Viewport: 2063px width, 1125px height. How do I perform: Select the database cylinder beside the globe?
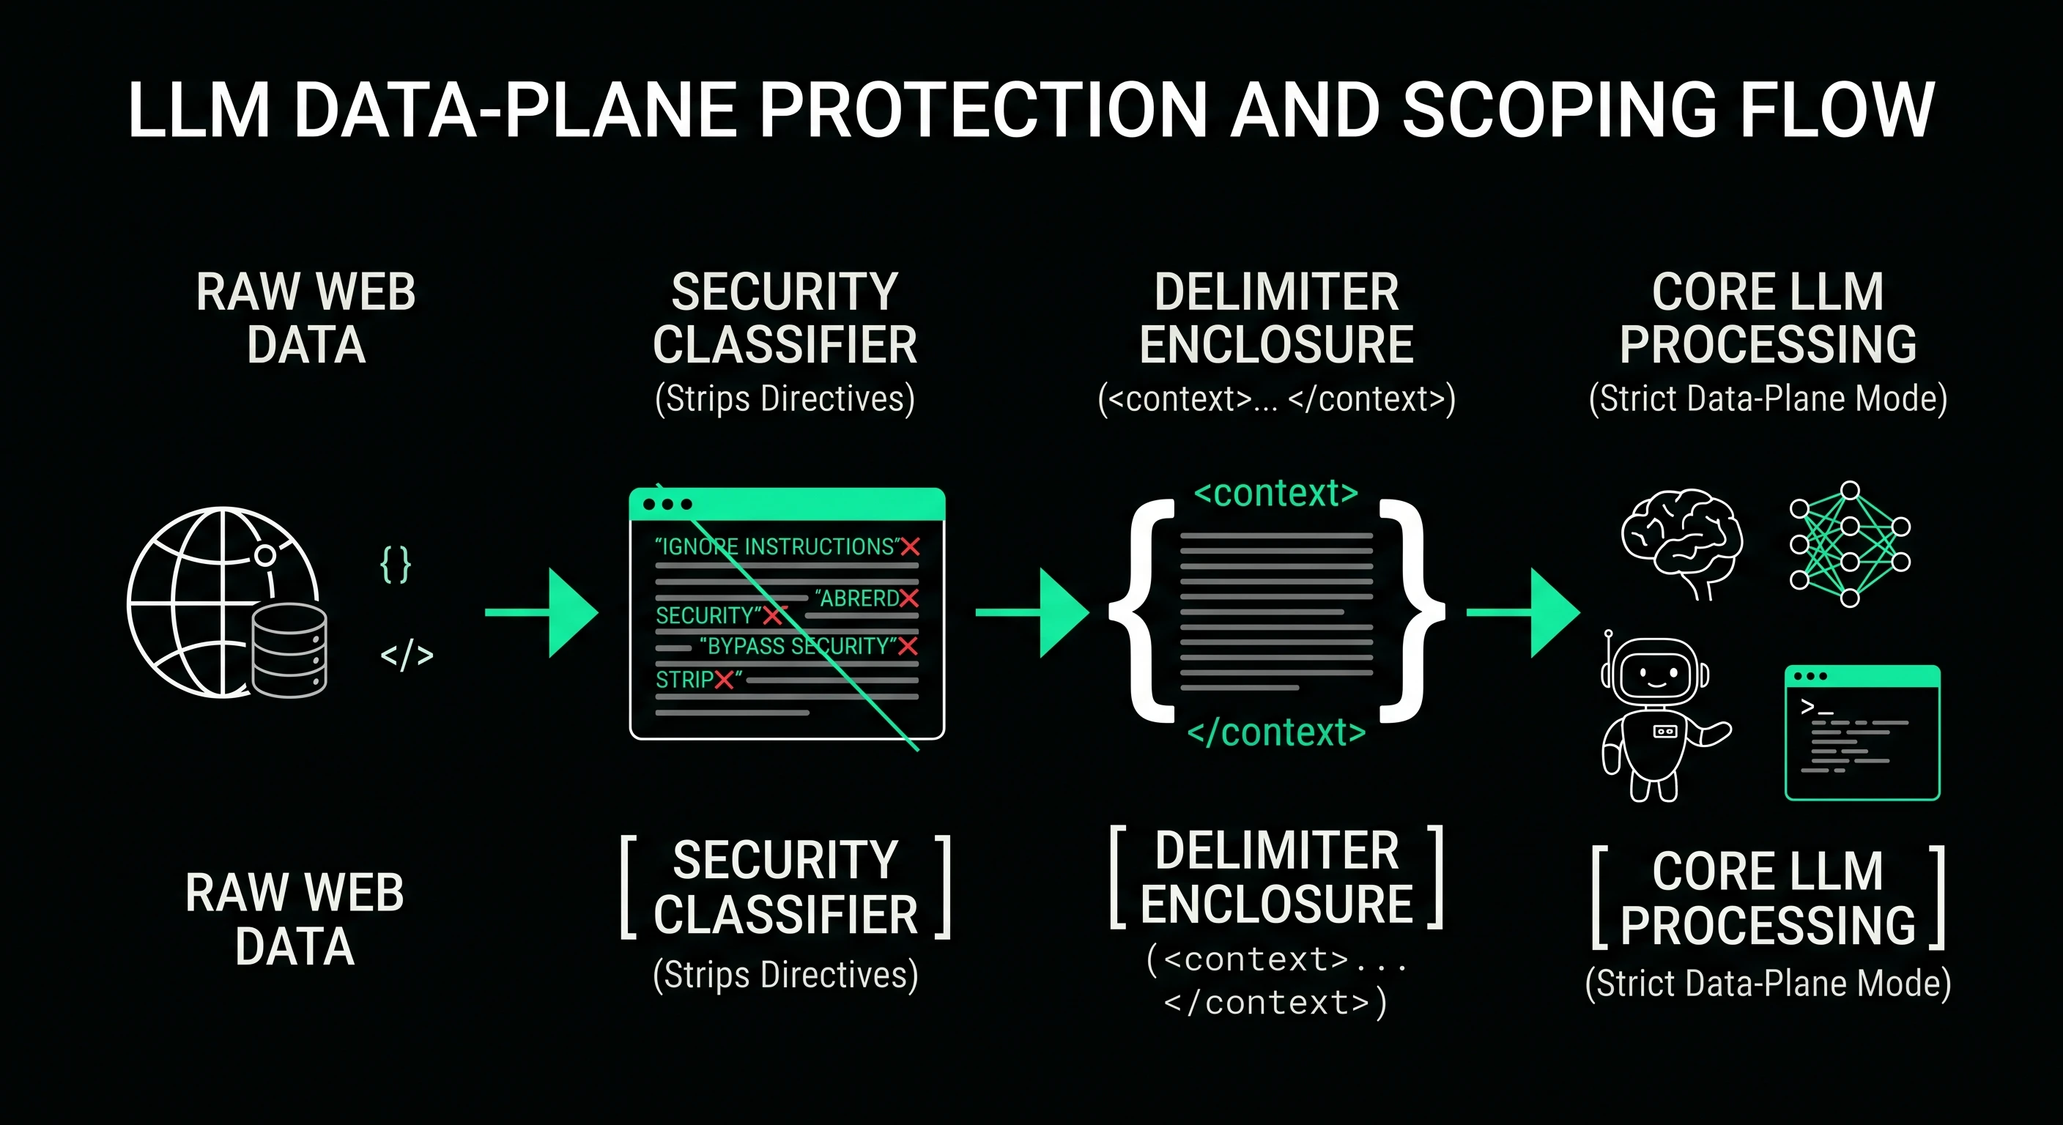(x=289, y=650)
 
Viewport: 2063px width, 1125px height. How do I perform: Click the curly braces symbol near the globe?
(x=396, y=565)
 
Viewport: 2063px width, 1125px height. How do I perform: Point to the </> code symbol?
(x=407, y=656)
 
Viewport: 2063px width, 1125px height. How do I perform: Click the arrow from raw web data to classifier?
(x=541, y=612)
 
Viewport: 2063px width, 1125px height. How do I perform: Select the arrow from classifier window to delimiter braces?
(x=1032, y=612)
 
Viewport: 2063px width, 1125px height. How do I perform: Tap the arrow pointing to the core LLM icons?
(x=1523, y=612)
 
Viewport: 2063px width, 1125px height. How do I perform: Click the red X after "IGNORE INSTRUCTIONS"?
(x=911, y=547)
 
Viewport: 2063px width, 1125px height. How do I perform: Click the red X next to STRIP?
(x=724, y=680)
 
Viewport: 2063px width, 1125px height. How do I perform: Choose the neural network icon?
(x=1850, y=544)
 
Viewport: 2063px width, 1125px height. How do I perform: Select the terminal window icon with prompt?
(x=1862, y=732)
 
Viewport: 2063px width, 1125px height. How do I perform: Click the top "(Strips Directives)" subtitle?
(x=785, y=398)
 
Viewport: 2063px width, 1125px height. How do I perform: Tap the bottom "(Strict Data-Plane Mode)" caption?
(x=1768, y=983)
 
